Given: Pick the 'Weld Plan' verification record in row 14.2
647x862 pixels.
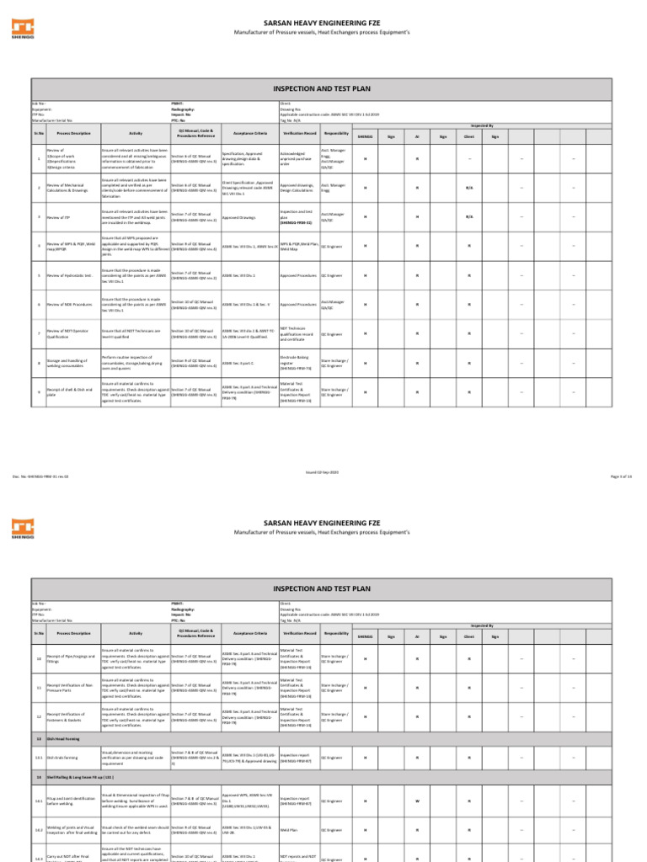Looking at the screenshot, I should coord(290,830).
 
